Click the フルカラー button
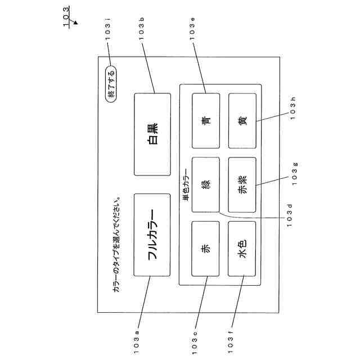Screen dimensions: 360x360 (x=152, y=235)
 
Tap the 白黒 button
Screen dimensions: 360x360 (x=152, y=134)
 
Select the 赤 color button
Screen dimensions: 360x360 (x=206, y=249)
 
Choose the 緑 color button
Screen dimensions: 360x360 (x=206, y=184)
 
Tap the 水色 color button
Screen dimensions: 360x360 (x=242, y=249)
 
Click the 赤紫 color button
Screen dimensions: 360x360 (x=242, y=184)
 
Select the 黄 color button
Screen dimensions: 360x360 (x=242, y=120)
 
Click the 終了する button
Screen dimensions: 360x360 (x=111, y=83)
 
